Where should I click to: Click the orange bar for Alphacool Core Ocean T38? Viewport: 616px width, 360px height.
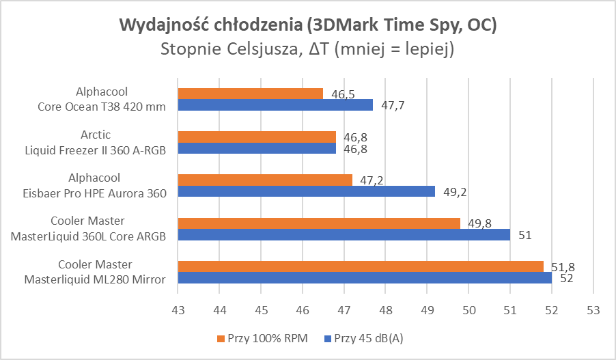[250, 94]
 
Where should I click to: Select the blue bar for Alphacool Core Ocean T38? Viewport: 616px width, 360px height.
[275, 105]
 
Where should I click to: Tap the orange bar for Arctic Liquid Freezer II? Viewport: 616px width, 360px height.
[257, 137]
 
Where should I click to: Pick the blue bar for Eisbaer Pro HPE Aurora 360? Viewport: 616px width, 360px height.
[306, 191]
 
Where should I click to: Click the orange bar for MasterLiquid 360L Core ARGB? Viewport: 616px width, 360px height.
[319, 223]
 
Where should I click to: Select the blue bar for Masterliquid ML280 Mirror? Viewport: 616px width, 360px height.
[365, 277]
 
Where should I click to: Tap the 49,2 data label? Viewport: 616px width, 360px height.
[455, 192]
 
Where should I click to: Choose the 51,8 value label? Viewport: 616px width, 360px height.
[563, 267]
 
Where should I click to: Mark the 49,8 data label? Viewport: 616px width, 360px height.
[479, 224]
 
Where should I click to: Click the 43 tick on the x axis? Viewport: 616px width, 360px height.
[178, 310]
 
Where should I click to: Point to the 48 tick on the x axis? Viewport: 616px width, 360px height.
[385, 310]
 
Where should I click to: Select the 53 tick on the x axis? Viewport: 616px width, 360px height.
[593, 310]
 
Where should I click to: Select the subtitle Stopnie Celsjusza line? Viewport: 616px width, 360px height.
[308, 50]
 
